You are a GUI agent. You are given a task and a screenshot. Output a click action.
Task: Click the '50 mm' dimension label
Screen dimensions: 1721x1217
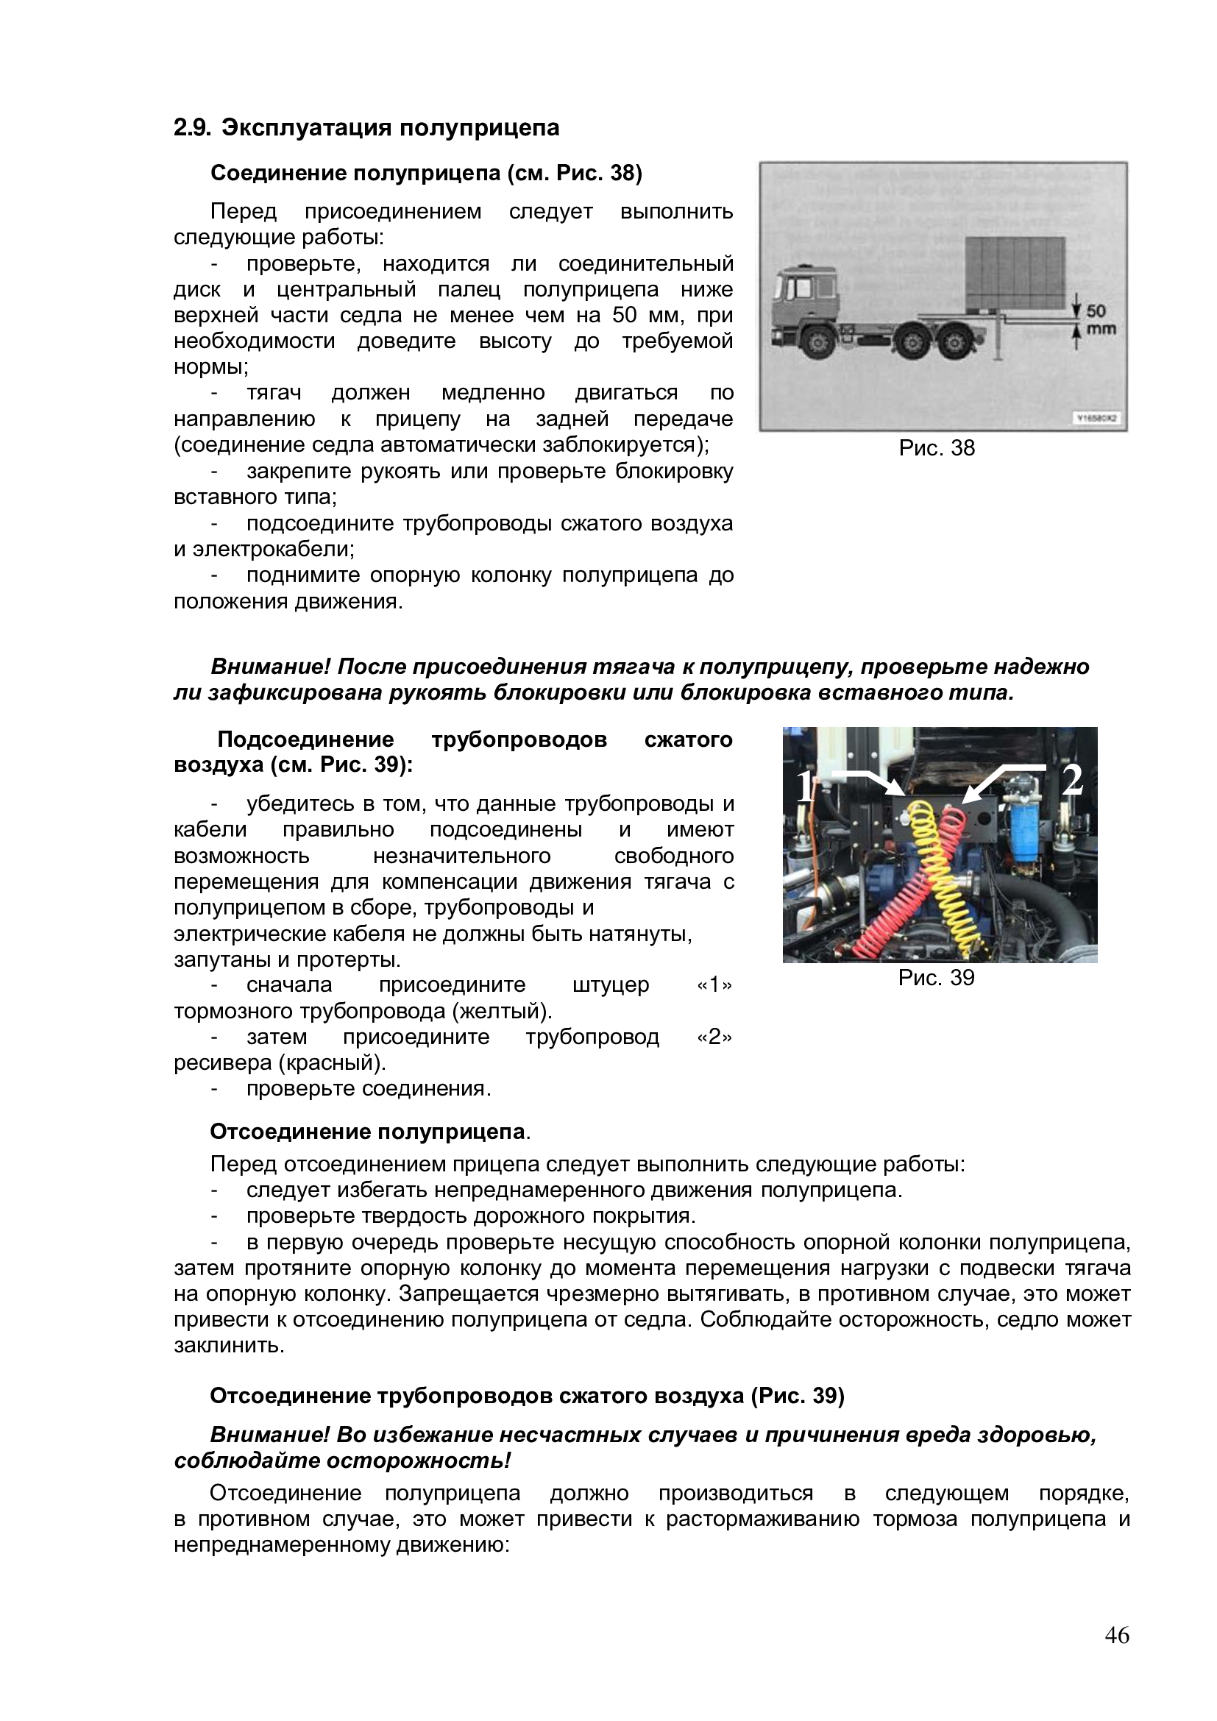[x=1099, y=319]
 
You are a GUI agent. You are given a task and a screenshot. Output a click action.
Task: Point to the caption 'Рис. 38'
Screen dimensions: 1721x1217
[x=937, y=448]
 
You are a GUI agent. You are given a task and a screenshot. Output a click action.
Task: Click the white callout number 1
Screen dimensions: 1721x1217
[x=803, y=787]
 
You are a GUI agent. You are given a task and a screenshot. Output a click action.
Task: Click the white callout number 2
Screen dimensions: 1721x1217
[x=1073, y=779]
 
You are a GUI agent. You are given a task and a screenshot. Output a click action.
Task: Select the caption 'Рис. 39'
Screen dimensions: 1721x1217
[x=937, y=977]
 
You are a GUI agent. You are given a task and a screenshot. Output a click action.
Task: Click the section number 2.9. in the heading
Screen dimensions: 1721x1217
[x=193, y=128]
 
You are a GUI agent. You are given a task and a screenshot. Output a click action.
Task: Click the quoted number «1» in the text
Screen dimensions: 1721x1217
[x=714, y=984]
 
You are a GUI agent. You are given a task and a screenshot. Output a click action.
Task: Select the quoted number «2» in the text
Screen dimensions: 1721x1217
[x=714, y=1037]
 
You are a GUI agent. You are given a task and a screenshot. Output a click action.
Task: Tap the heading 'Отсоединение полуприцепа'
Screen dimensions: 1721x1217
[x=367, y=1131]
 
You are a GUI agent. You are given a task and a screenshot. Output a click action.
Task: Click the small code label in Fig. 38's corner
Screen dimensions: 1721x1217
[x=1099, y=418]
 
